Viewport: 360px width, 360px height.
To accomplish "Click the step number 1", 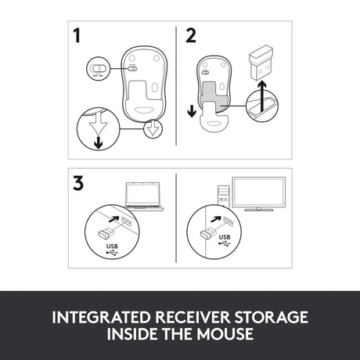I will pos(77,36).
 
